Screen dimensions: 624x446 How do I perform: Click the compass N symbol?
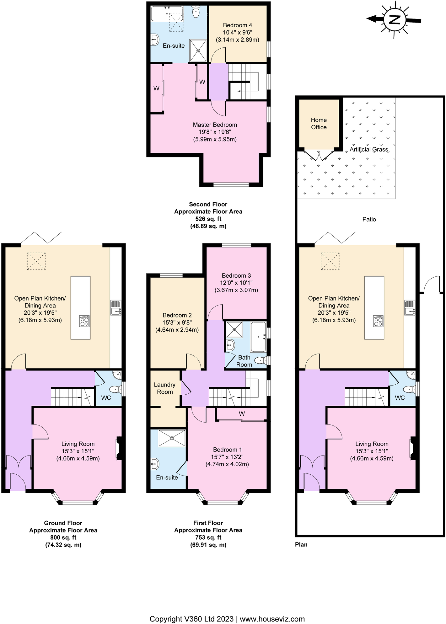tap(395, 19)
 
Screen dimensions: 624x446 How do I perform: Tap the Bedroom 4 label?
tap(237, 25)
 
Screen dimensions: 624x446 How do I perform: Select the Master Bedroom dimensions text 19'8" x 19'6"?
tap(215, 132)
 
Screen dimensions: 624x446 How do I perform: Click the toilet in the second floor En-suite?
tap(196, 12)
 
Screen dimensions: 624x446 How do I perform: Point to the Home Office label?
tap(319, 124)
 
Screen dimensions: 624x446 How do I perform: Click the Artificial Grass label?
tap(369, 149)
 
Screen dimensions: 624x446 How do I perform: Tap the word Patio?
tap(369, 219)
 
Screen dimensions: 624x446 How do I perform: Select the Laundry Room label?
tap(164, 388)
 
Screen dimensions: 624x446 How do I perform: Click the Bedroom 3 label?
tap(236, 275)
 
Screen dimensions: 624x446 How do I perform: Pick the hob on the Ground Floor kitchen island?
tap(84, 321)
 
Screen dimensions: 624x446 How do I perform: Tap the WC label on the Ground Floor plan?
tap(106, 398)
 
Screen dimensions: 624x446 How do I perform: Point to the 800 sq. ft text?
tap(63, 537)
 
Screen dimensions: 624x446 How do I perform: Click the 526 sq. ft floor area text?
tap(208, 219)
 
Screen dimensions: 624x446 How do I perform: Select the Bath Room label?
tap(244, 361)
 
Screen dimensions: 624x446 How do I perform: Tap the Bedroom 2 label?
tap(177, 315)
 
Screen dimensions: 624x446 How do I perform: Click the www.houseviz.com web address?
tap(272, 610)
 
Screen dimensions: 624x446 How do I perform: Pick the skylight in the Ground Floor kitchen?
tap(36, 261)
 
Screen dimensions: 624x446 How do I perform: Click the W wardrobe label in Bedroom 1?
tap(241, 413)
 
